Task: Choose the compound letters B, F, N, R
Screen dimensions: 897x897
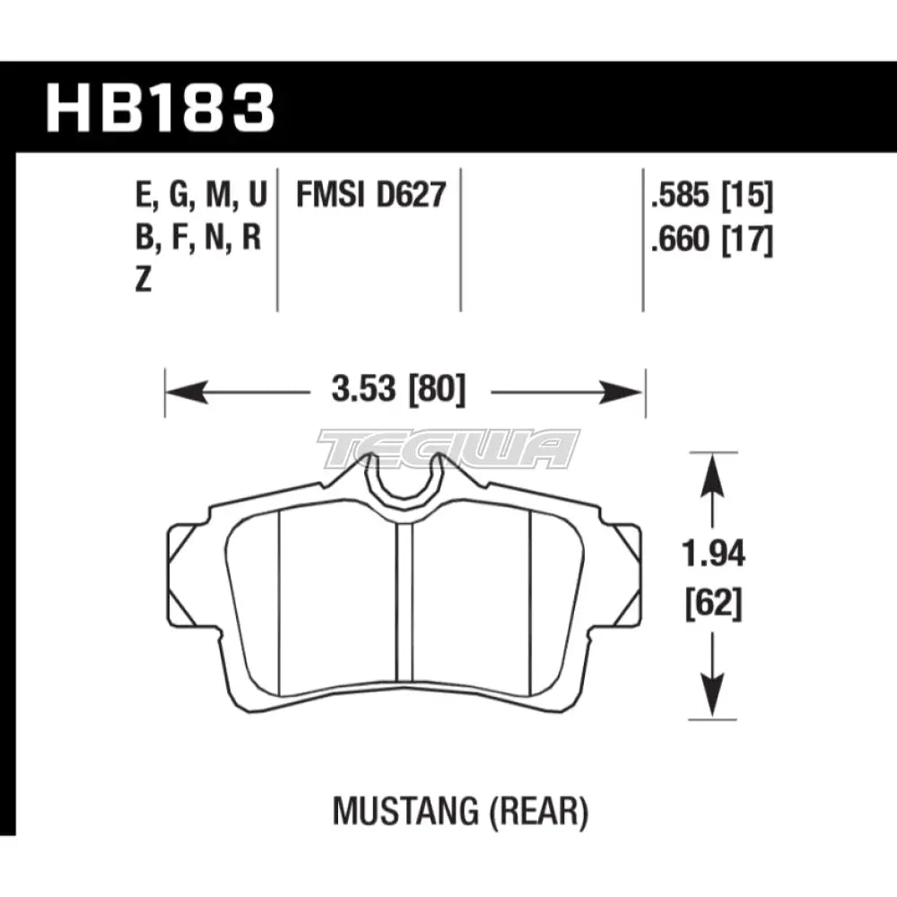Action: point(199,239)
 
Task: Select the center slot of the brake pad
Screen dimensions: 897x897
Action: point(404,610)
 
